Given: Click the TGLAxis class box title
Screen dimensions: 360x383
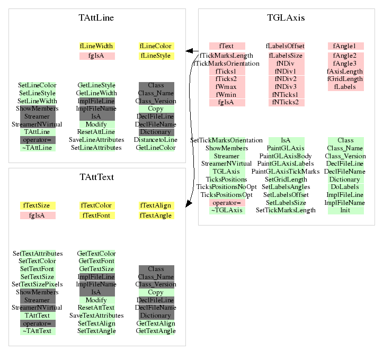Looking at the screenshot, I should [286, 18].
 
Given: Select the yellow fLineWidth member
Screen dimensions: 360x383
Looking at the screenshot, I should [97, 46].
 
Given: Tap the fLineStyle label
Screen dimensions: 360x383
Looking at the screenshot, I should [156, 56].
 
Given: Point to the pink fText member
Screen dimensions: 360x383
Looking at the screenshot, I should [227, 46].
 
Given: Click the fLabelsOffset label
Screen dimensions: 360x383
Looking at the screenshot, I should [286, 46].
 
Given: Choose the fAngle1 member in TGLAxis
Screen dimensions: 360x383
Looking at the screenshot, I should [345, 46].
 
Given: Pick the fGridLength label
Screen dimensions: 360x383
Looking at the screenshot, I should [345, 79].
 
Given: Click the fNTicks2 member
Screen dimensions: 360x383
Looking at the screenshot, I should [286, 102].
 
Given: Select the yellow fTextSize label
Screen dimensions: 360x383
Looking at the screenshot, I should [38, 205].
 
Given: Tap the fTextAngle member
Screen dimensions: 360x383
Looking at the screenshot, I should [156, 215].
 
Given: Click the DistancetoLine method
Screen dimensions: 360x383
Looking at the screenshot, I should [156, 140].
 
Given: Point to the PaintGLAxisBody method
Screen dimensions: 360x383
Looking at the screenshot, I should [286, 156].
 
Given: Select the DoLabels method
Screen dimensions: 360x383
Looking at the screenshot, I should [345, 187].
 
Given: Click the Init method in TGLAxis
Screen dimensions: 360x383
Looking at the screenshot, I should [345, 210].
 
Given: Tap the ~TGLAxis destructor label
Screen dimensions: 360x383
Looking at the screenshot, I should [227, 210].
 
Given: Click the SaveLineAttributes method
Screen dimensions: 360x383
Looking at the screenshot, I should [96, 140].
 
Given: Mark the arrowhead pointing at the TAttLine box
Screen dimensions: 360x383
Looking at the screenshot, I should [188, 51].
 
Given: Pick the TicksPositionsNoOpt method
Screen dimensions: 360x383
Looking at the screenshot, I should [227, 187].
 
